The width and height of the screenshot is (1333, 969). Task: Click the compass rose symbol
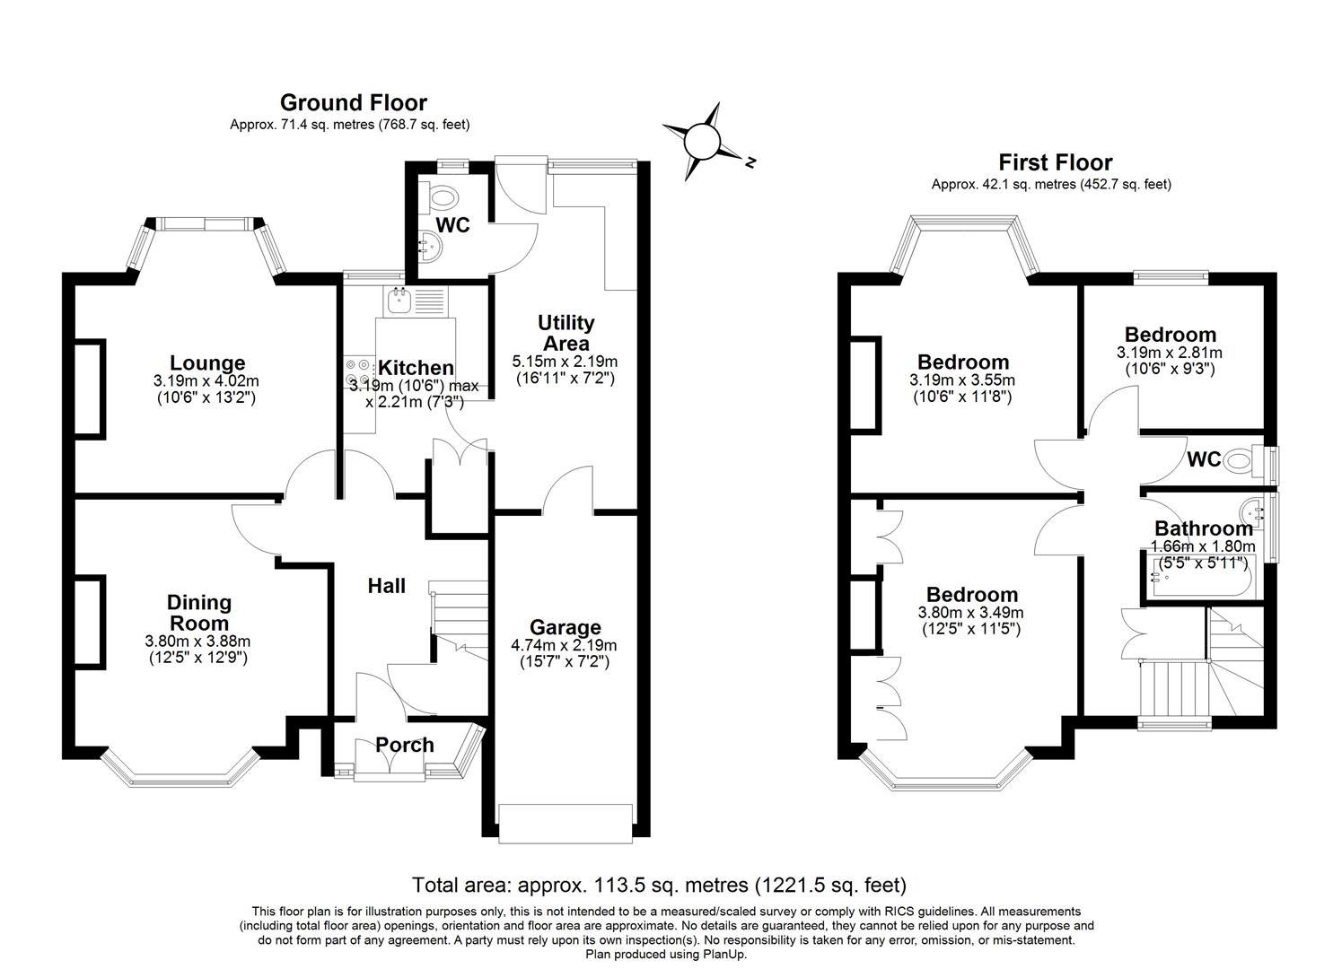703,142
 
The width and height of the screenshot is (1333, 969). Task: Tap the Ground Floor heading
353,102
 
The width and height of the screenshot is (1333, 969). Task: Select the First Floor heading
1055,162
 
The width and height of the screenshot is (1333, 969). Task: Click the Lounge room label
207,362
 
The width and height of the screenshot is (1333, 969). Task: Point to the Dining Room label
199,612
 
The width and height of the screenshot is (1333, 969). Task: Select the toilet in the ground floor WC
442,195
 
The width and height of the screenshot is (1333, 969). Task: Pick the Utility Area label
566,333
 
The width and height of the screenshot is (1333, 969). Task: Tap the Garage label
564,627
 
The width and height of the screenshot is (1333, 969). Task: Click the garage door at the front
566,823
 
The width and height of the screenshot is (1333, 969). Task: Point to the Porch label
404,745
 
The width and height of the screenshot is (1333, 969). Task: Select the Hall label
386,586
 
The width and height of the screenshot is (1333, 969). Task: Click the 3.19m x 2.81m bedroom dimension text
1169,353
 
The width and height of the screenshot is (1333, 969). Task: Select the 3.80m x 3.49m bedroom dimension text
970,613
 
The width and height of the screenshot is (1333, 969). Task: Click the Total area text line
659,886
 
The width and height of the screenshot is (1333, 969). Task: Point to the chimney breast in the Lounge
89,388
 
